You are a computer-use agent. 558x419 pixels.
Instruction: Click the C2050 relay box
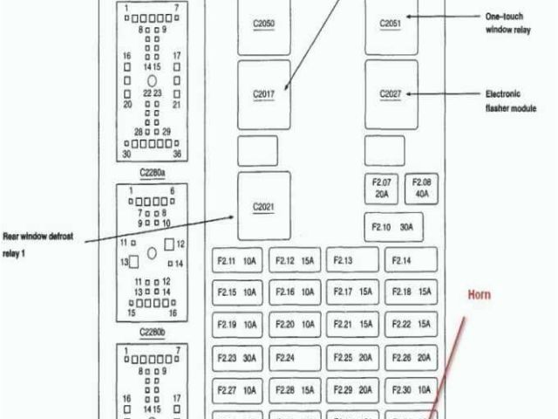tap(263, 24)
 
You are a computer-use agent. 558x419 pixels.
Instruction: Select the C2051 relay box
tap(391, 24)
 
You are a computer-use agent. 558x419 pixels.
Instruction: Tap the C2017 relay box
tap(263, 94)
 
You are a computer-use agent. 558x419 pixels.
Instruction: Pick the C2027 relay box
tap(391, 93)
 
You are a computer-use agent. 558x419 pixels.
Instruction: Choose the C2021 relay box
tap(263, 206)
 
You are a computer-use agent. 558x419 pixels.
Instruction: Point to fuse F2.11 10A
tap(237, 259)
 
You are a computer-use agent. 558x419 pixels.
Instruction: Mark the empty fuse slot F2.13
tap(352, 259)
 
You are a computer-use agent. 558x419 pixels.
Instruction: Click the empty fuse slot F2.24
tap(295, 357)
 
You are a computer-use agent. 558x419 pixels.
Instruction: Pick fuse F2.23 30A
tap(237, 357)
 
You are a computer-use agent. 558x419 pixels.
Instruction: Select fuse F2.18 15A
tap(412, 292)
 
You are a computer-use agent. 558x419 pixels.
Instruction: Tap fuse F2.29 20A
tap(352, 389)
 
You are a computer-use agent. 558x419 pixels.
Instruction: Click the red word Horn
tap(480, 295)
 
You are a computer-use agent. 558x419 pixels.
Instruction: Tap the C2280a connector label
tap(152, 173)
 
